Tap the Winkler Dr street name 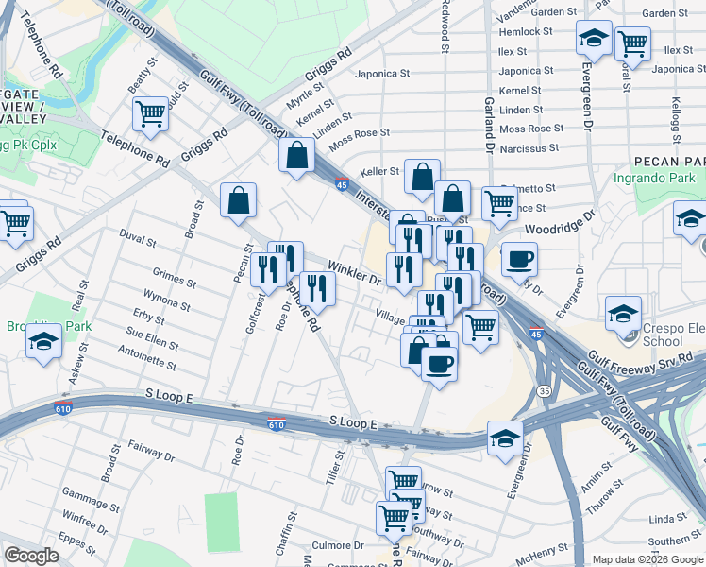(x=354, y=274)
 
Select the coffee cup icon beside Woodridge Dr (x=518, y=260)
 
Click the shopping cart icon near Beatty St (x=150, y=114)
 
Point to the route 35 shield (x=544, y=389)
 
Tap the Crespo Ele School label (x=662, y=334)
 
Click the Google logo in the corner (x=31, y=556)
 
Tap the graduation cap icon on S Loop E (x=505, y=438)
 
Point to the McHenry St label (x=539, y=547)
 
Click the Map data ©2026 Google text (x=647, y=559)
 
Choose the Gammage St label (x=87, y=494)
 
